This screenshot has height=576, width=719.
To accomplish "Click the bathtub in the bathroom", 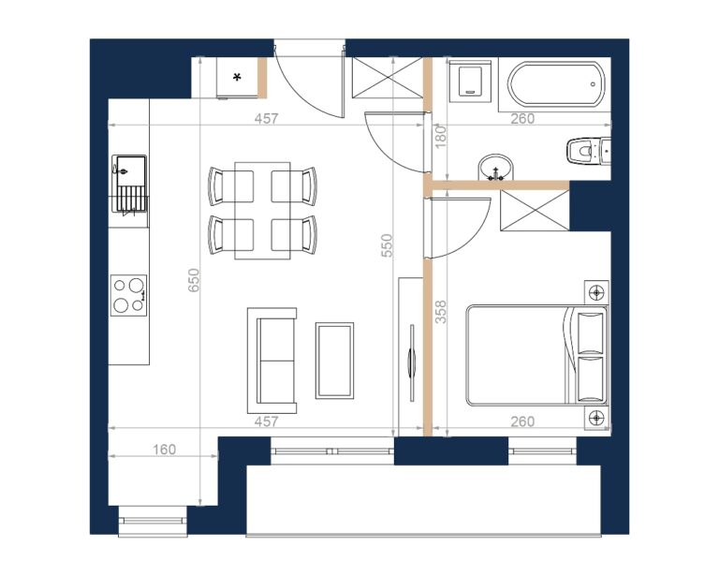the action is [555, 84].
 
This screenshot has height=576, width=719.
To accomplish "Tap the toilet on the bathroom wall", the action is [589, 152].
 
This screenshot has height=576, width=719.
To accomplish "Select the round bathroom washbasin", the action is [496, 168].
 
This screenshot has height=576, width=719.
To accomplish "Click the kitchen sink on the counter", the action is [129, 184].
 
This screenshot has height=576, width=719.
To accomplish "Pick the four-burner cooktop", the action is [129, 295].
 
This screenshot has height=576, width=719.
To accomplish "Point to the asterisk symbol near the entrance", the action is [237, 78].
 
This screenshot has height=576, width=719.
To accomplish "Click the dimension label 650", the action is [194, 281].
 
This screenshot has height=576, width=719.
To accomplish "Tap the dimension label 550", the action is [388, 245].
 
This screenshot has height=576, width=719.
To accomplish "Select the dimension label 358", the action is [440, 312].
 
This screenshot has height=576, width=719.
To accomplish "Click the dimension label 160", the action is [164, 450].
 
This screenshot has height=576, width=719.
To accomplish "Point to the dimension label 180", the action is [440, 136].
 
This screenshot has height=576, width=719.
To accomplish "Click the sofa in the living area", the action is [271, 361].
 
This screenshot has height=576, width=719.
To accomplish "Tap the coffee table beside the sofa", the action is [335, 361].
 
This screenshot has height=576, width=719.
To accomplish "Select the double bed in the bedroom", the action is [537, 355].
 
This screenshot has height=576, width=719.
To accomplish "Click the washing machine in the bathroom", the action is [470, 81].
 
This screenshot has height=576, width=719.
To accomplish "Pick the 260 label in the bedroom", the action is [522, 421].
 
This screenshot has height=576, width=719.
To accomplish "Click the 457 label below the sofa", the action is [266, 421].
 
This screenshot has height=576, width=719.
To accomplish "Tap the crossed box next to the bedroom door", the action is [535, 211].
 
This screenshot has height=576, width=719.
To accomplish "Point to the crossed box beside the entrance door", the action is [387, 77].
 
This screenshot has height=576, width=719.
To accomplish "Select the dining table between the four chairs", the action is [263, 211].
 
